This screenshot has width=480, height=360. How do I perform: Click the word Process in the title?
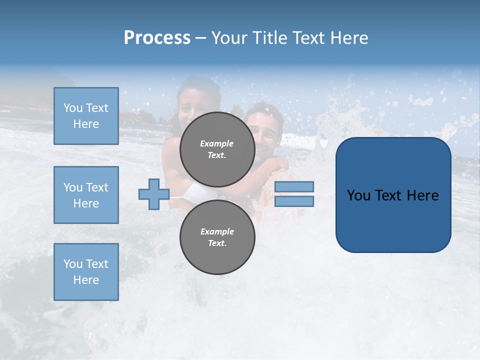coord(157,38)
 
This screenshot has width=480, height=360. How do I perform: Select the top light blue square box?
coord(86,116)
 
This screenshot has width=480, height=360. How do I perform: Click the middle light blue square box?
coord(86,195)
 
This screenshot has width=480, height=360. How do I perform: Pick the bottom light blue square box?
coord(86,272)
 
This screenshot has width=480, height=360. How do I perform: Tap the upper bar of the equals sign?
coord(294,186)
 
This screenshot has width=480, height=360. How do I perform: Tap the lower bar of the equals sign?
coord(294,201)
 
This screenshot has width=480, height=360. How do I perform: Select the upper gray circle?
coord(217,149)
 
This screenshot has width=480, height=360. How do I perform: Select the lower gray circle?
coord(217,237)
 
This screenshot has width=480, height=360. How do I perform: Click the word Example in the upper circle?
coord(217,143)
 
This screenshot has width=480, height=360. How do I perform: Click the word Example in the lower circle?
coord(217,231)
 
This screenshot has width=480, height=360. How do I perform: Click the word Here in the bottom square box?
coord(86,280)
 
